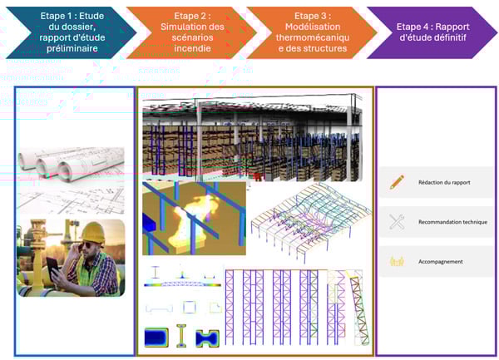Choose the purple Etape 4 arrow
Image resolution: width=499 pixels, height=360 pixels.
coord(428,32)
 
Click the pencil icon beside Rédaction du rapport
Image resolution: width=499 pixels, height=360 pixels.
coord(397,182)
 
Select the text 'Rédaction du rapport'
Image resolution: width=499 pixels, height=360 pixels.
coord(444,182)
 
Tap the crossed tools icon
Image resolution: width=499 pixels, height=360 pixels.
coord(397,222)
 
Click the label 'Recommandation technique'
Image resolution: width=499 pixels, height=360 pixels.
coord(453,222)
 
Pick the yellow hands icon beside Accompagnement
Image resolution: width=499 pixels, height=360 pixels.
coord(397,261)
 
